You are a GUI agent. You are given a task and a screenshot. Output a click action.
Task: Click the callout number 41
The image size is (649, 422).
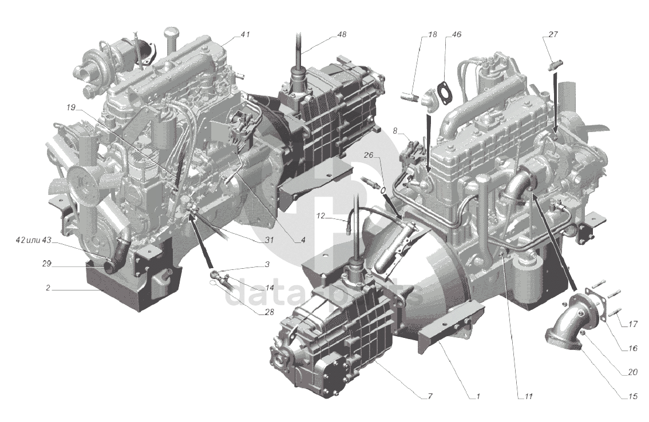point(245,35)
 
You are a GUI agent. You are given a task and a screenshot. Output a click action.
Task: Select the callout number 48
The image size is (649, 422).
point(341,35)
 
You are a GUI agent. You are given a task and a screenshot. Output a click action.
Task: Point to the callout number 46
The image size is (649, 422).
point(456,35)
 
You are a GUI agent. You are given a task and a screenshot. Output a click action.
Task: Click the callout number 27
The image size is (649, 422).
point(553,35)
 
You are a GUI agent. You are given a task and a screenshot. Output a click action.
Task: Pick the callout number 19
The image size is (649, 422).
point(71,108)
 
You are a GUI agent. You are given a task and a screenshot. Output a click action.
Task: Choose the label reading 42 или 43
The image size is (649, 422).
point(33,241)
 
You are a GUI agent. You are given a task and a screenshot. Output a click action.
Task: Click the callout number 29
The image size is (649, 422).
point(46,264)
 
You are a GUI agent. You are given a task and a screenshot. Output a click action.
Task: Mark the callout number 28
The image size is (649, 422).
point(269,312)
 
